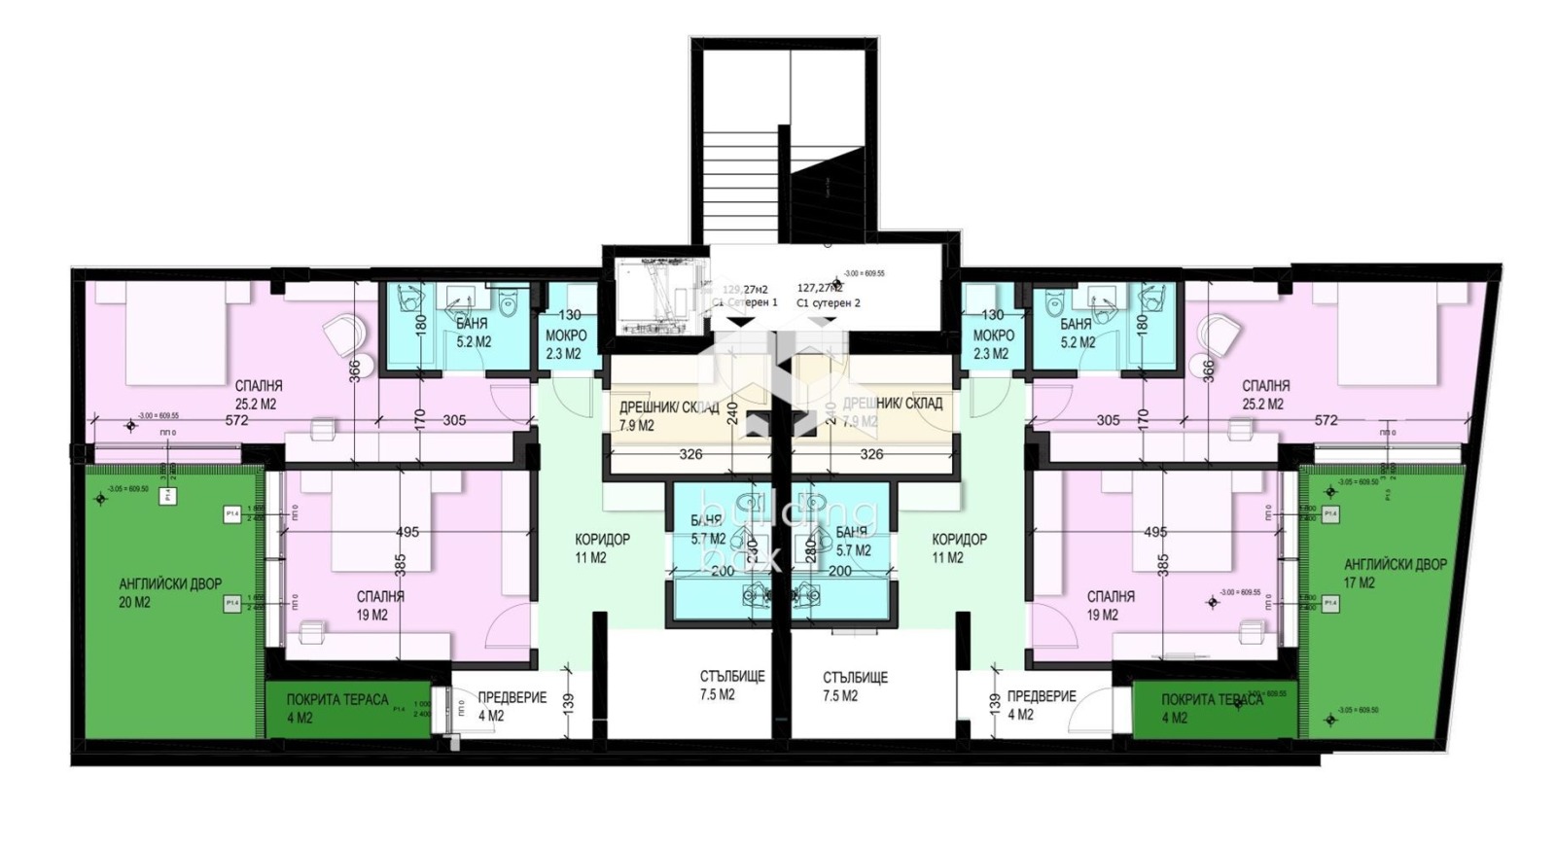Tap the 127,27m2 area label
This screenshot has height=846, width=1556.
point(820,289)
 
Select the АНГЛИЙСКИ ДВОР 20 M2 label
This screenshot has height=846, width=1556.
point(170,593)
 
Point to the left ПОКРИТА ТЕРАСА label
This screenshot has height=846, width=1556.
point(336,708)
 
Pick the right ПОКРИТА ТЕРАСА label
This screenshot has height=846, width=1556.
point(1211,708)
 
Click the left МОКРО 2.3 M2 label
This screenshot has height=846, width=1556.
point(565,344)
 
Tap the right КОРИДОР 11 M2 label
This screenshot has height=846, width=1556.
point(959,548)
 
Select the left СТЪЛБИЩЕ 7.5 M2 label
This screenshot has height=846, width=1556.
point(731,686)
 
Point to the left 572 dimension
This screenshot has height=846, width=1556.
point(236,421)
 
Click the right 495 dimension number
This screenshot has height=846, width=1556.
point(1155,532)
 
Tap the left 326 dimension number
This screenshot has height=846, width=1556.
point(690,454)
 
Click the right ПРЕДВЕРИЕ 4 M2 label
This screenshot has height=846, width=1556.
point(1041,705)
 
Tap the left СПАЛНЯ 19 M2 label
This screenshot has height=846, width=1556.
point(380,605)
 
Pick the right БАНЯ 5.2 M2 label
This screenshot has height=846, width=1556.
point(1076,333)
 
